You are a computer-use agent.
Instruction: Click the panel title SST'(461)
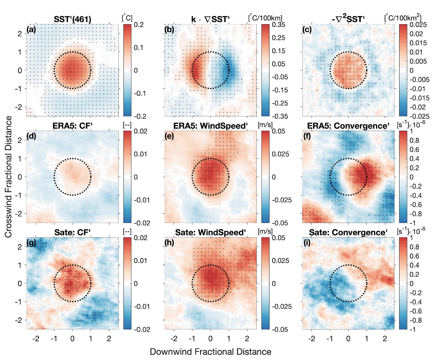72,20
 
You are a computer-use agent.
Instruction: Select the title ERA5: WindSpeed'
210,126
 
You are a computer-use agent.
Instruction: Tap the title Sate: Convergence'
348,233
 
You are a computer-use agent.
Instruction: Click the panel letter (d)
31,136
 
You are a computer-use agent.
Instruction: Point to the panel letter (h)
169,243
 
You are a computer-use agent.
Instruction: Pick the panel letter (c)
307,29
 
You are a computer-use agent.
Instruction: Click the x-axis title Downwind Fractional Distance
210,352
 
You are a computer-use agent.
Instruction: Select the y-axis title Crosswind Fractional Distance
8,177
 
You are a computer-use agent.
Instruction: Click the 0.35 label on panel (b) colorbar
278,25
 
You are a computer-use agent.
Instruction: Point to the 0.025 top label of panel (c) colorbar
418,25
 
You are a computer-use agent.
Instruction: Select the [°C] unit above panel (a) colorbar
127,18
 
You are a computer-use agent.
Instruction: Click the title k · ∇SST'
210,20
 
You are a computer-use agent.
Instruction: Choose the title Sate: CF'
72,233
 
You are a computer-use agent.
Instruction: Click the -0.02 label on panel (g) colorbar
142,329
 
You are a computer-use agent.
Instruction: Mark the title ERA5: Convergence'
348,126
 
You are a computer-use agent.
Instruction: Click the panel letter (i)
307,243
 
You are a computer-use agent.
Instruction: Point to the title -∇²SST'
348,20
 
